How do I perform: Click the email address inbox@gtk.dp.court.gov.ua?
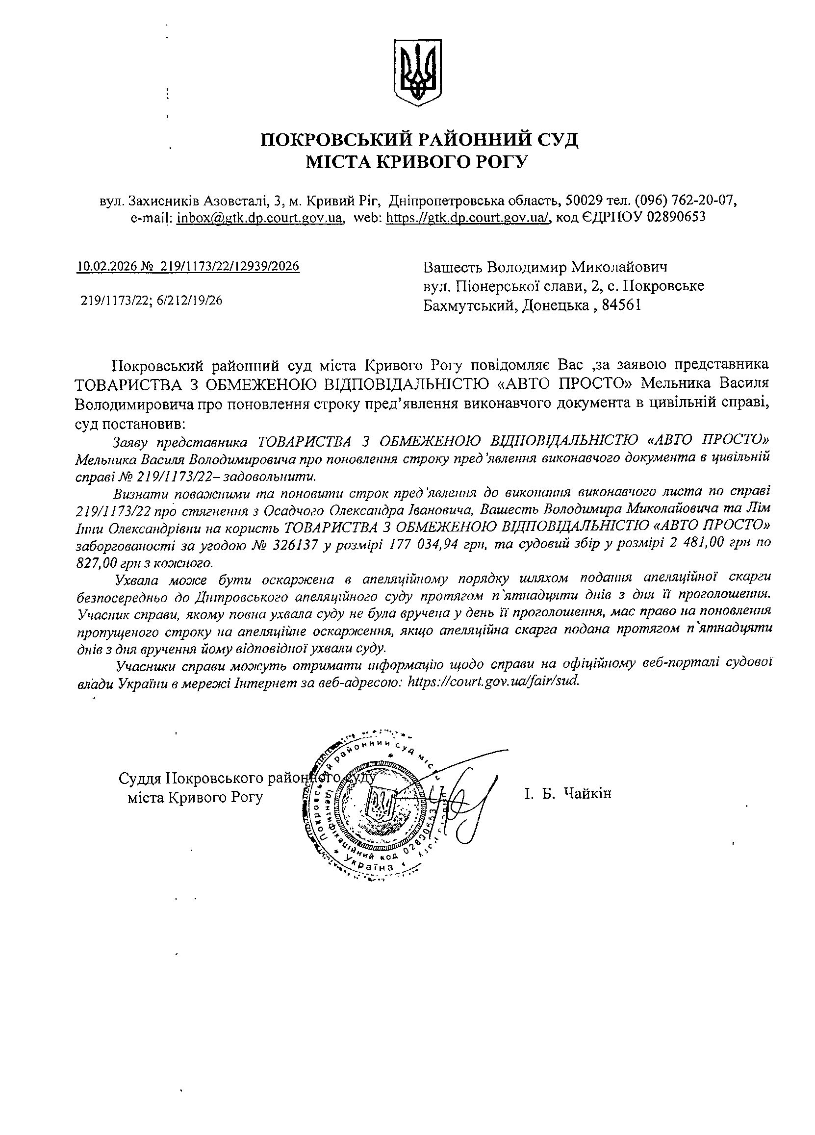pos(260,218)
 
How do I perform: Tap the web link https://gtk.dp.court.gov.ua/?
pos(469,218)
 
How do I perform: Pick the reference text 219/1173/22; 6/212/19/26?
pos(152,300)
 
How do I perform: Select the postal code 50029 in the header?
pos(583,201)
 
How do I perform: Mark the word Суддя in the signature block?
pos(140,779)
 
